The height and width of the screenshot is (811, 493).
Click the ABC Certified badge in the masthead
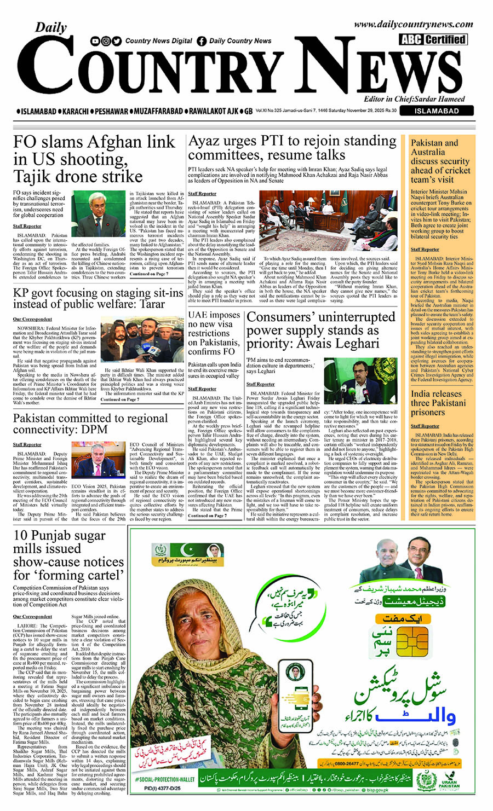click(x=433, y=39)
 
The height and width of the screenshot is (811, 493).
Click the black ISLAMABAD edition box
click(x=437, y=111)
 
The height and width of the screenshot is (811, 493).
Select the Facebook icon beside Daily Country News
click(x=202, y=41)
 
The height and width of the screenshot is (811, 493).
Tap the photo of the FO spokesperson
click(x=99, y=215)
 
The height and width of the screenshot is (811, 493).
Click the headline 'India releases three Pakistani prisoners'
click(x=437, y=403)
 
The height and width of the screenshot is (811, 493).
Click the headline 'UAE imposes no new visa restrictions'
click(x=214, y=333)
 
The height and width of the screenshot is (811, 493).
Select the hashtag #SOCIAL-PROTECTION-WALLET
click(x=164, y=779)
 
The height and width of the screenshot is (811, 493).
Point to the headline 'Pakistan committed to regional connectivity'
click(x=90, y=424)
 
